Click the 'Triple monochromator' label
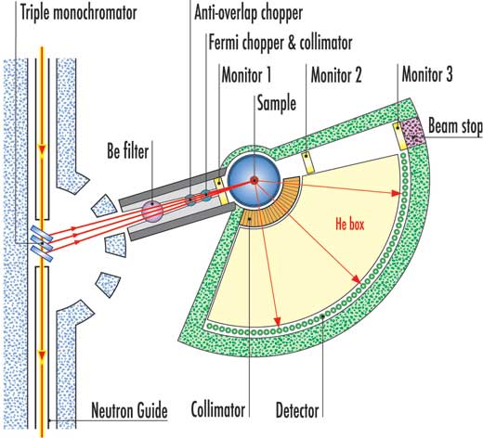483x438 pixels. (79, 13)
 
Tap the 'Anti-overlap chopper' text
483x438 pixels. (248, 13)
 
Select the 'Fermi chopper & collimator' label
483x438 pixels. (281, 43)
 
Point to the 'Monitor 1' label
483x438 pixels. (246, 75)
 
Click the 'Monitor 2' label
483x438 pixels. (336, 75)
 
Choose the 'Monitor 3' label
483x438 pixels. (427, 74)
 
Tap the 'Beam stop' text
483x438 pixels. (455, 126)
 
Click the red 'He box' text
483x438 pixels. (350, 224)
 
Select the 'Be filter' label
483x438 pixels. (128, 151)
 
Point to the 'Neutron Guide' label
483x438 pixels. (129, 410)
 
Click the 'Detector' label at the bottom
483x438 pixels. (297, 411)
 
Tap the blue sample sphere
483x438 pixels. (254, 181)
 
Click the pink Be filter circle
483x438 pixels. (152, 212)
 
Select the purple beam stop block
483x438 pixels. (413, 133)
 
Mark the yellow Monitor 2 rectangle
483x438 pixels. (308, 162)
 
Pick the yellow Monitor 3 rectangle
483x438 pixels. (399, 136)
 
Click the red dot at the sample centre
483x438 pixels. (254, 180)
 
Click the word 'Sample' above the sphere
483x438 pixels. (277, 104)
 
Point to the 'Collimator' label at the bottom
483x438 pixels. (218, 410)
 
